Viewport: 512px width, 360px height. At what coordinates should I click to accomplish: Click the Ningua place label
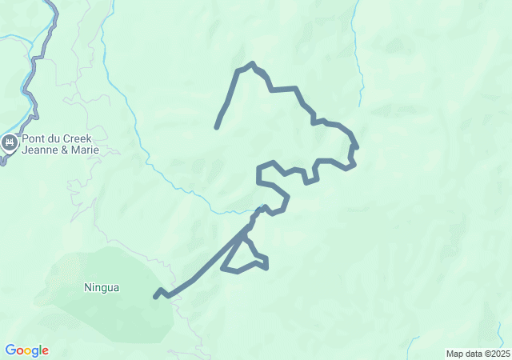[102, 287]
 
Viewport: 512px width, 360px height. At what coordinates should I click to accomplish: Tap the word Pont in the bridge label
[34, 138]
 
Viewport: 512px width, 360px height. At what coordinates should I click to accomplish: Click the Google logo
[26, 350]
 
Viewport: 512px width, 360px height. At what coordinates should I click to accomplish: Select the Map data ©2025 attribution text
[478, 354]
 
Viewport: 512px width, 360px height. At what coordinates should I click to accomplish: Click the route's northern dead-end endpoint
[217, 126]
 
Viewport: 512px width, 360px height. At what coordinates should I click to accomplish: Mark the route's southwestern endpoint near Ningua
[156, 297]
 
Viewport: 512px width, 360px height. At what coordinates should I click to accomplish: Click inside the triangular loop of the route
[244, 258]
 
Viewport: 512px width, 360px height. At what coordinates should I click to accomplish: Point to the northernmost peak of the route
[252, 64]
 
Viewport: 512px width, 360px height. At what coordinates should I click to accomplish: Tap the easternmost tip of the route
[356, 146]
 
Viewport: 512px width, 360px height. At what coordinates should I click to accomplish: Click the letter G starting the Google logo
[10, 350]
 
